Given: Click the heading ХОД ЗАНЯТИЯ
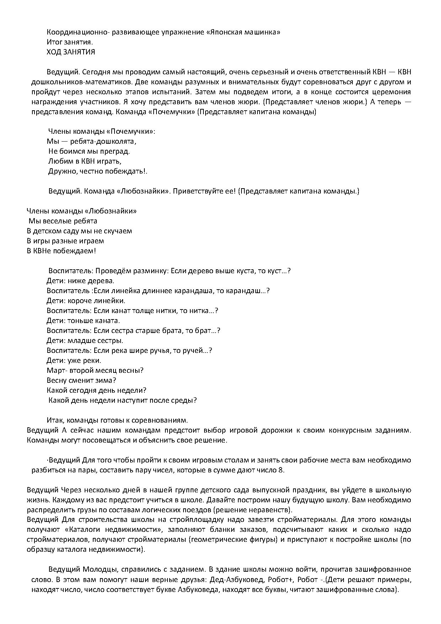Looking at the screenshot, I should tap(71, 52).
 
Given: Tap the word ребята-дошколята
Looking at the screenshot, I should tap(103, 141).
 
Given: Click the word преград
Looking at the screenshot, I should tap(117, 151).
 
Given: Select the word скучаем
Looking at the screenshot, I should tap(118, 231).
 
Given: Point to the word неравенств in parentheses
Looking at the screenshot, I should tap(271, 510).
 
